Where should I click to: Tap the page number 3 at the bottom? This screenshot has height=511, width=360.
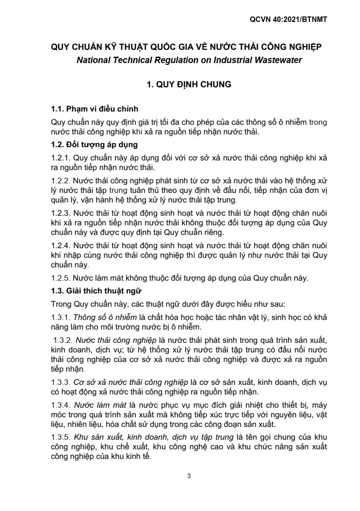click(x=188, y=476)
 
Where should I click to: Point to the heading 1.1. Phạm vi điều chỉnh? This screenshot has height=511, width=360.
click(x=94, y=110)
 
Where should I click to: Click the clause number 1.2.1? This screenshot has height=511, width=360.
click(x=60, y=158)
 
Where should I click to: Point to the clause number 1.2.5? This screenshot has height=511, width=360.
click(x=60, y=278)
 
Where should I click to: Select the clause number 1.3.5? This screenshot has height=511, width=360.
click(x=60, y=437)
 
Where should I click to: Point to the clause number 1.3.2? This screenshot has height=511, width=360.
click(x=62, y=341)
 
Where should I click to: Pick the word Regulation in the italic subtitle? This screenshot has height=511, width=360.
click(x=172, y=60)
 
